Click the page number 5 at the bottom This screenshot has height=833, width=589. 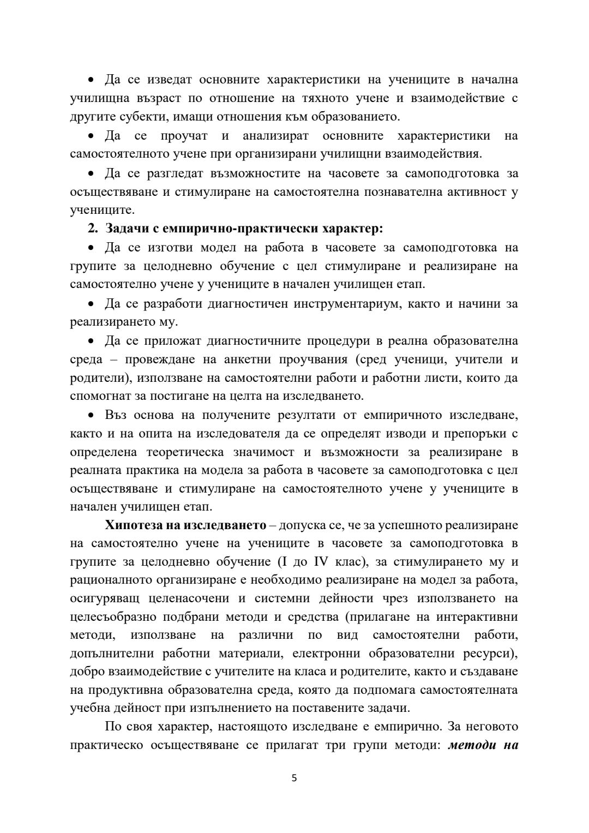294,778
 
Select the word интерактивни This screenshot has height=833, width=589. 474,617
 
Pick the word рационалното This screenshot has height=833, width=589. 117,580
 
